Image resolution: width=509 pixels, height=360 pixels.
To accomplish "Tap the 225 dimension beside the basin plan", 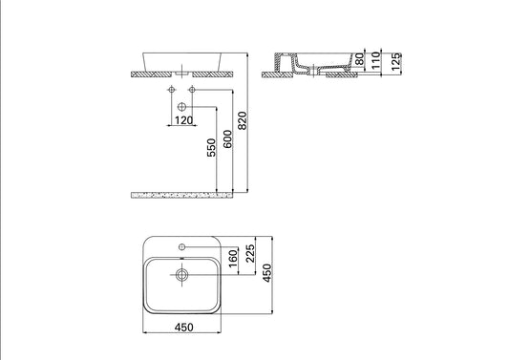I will click(x=250, y=254).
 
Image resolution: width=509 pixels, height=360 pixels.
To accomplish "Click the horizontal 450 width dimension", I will click(x=185, y=328).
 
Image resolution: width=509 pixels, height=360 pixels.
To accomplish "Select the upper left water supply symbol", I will click(x=172, y=90).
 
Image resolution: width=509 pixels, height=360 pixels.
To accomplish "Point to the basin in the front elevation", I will click(x=181, y=59).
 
